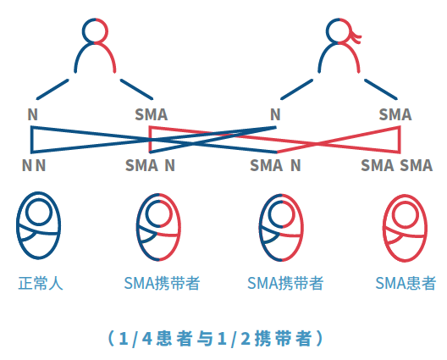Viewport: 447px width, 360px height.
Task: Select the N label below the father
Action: coord(33,114)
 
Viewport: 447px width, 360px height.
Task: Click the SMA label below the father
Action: coord(151,114)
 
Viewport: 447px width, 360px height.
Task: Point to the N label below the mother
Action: coord(275,114)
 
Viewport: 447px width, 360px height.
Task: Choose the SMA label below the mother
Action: coord(395,114)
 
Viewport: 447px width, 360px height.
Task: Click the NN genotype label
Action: coord(34,165)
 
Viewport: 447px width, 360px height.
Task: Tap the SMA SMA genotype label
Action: coord(396,165)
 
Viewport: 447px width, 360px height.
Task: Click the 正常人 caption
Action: coord(41,283)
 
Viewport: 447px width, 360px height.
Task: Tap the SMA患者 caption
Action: coord(406,283)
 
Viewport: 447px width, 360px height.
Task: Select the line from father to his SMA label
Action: coord(136,89)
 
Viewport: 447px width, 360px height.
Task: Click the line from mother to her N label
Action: coord(296,89)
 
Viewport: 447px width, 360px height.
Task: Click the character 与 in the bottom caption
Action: coord(205,339)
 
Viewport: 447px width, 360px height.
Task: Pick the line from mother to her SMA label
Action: coord(381,89)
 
